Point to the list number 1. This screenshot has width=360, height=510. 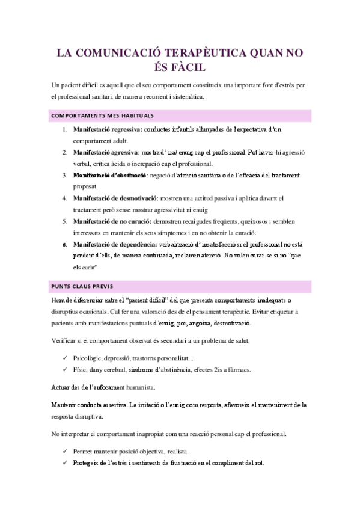coord(64,129)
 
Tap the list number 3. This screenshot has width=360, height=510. coord(64,175)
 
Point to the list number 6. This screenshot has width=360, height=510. coord(64,245)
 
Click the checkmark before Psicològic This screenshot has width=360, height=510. coord(64,358)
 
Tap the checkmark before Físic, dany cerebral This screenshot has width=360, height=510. coord(64,369)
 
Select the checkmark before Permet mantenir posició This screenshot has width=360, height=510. coord(64,451)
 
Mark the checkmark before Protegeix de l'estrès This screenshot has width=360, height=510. coord(64,463)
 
